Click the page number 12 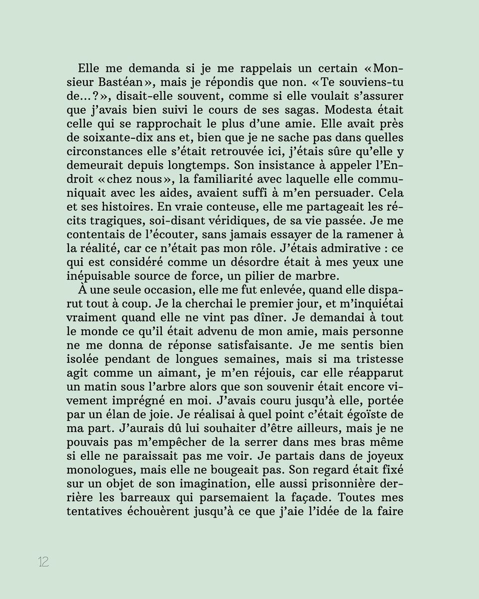click(43, 562)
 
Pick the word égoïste click(361, 414)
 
